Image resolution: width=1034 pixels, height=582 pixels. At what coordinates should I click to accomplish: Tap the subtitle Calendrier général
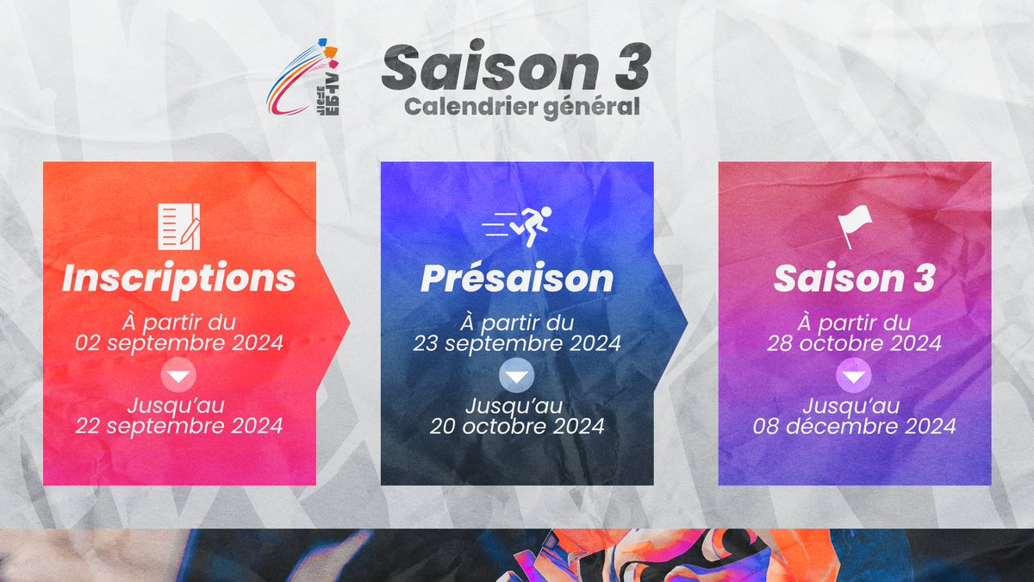coord(522,107)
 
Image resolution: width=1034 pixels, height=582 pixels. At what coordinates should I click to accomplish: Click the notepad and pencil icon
coord(178,222)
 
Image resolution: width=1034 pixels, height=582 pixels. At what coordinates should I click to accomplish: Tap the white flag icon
coord(855,226)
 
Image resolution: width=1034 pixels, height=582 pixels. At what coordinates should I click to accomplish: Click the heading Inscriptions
coord(178,278)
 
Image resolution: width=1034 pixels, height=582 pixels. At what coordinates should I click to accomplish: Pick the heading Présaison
coord(517,278)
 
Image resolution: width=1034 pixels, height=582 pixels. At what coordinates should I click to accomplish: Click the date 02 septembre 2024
coord(179,343)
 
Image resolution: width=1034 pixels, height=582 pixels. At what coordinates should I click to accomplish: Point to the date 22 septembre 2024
coord(179,425)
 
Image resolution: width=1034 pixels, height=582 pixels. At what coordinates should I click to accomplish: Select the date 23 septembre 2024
coord(517,343)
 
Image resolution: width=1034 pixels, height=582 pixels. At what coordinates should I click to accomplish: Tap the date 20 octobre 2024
coord(517,425)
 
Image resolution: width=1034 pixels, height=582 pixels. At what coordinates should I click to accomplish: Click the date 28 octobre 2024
coord(855,343)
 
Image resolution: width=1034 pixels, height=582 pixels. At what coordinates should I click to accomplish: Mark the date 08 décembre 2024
coord(855,425)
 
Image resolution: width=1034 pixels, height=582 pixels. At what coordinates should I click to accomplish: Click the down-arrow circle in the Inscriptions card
coord(178,375)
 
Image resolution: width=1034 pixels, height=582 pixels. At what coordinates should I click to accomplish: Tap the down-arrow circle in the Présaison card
coord(517,375)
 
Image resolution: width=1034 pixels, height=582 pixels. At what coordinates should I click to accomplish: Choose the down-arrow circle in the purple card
coord(855,375)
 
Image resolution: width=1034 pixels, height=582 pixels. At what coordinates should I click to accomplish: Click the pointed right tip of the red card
coord(346,323)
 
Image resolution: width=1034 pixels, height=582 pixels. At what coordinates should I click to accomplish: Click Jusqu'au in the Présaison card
coord(517,405)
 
